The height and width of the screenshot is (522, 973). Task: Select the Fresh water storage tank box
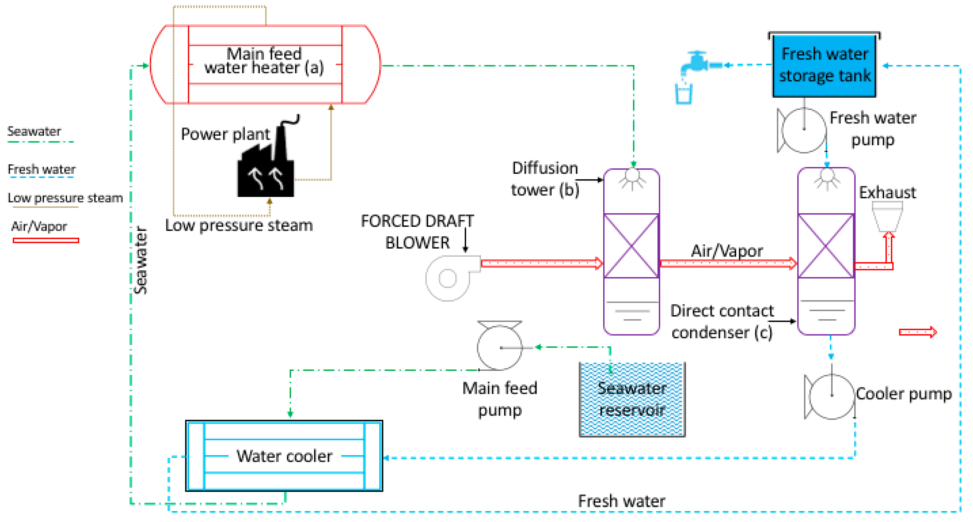pos(824,65)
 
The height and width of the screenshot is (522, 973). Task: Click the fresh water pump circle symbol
pos(803,130)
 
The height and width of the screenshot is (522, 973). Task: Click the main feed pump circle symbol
pos(499,348)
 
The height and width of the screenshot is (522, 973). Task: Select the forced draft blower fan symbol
pos(448,278)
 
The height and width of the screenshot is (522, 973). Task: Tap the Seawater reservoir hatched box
pos(632,399)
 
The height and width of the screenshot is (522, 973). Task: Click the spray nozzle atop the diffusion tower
pos(632,178)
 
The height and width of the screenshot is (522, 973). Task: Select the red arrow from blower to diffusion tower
pos(541,263)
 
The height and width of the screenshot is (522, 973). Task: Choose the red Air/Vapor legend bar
pos(46,240)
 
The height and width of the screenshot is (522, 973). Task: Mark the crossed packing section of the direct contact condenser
pos(826,246)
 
